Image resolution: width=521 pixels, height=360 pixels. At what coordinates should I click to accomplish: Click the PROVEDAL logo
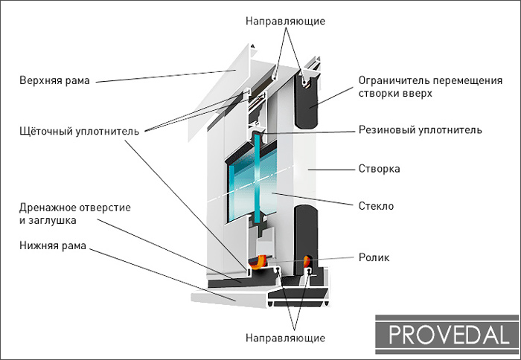[x=447, y=333]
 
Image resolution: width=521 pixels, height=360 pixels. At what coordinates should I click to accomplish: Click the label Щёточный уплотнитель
[x=78, y=131]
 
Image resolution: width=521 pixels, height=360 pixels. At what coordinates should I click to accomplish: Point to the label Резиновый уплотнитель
[x=420, y=129]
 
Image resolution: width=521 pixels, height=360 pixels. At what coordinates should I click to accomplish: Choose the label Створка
[x=379, y=169]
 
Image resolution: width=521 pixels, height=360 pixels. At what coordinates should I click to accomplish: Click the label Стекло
[x=376, y=205]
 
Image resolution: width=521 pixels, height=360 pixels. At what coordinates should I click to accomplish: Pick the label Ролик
[x=373, y=257]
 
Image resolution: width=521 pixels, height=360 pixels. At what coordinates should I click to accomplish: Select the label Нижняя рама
[x=54, y=245]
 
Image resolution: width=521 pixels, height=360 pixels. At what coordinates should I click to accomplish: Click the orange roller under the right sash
[x=307, y=260]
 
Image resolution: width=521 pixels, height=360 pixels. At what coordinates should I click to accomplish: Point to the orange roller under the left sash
[x=259, y=261]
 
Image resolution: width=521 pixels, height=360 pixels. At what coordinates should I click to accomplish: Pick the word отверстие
[x=104, y=208]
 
